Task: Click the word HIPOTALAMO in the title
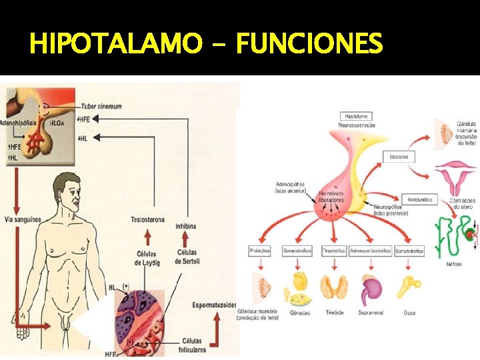click(x=115, y=44)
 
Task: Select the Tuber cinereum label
click(x=101, y=107)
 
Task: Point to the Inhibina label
click(x=186, y=226)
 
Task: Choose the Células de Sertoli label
click(x=187, y=257)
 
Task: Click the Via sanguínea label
click(x=22, y=219)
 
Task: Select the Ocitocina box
click(x=399, y=157)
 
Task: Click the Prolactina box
click(x=259, y=251)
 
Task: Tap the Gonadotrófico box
click(x=297, y=251)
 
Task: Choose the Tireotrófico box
click(x=333, y=251)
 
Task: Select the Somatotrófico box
click(x=409, y=251)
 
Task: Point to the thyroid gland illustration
click(x=333, y=287)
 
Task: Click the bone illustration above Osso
click(x=408, y=286)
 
